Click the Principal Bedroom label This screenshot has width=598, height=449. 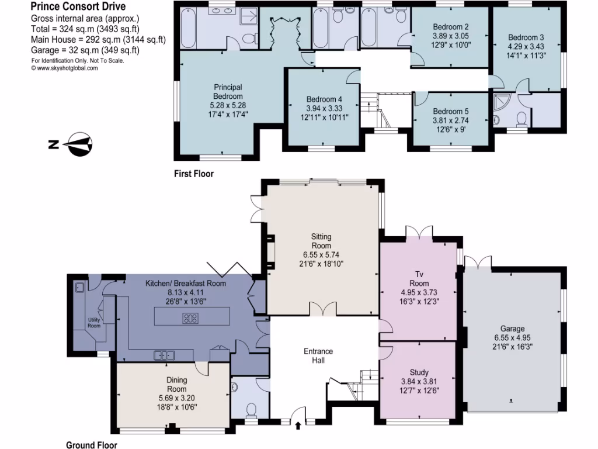227,92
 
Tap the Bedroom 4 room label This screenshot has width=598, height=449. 324,99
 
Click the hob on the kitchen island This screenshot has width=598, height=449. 190,319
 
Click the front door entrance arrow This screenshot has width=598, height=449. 298,426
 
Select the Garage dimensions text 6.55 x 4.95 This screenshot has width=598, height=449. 512,338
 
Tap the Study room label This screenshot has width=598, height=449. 419,372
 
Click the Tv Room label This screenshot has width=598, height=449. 418,278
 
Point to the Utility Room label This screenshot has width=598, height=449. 95,322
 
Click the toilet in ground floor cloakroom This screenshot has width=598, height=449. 251,407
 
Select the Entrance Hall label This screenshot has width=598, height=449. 318,356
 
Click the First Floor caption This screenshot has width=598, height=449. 193,174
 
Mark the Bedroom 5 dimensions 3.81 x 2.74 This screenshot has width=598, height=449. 450,121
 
